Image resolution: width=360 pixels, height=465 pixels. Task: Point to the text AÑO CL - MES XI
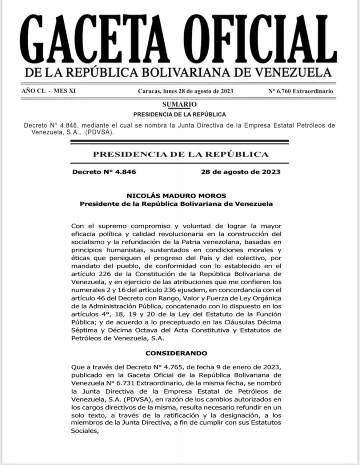click(49, 91)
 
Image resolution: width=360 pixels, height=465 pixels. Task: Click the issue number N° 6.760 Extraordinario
click(300, 91)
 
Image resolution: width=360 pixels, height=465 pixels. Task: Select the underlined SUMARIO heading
click(179, 105)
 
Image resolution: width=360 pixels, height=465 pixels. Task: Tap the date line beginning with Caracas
click(185, 91)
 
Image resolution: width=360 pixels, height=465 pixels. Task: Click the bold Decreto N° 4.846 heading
click(104, 172)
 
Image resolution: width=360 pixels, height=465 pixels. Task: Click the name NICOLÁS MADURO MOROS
click(176, 195)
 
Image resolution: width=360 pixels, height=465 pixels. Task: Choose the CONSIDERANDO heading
click(176, 352)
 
